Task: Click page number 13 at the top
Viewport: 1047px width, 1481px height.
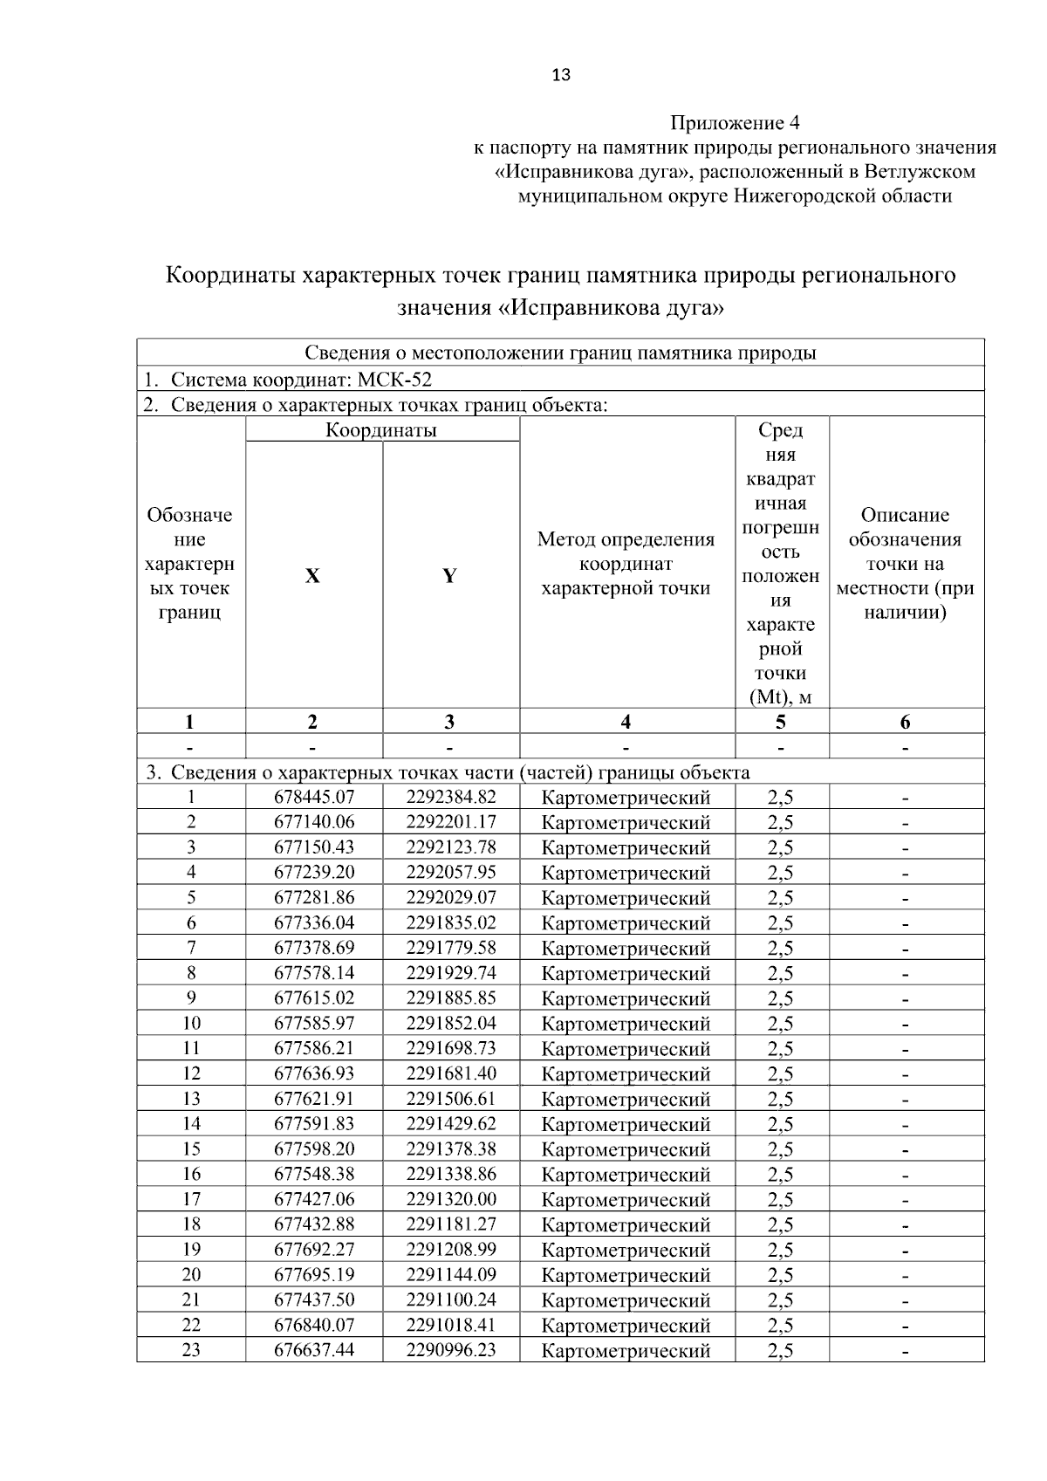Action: click(x=561, y=75)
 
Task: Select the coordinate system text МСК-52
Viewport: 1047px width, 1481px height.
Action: click(x=394, y=380)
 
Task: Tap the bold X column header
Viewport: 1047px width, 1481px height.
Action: click(x=312, y=576)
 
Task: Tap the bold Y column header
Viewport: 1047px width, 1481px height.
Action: click(x=449, y=576)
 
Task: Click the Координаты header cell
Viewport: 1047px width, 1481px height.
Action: click(x=381, y=429)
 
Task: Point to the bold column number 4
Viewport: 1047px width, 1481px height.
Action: click(x=626, y=722)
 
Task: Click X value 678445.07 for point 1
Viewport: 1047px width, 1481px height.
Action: click(x=314, y=797)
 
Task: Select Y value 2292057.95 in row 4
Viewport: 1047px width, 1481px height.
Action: click(x=450, y=872)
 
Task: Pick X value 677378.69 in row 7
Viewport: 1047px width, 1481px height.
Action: click(x=314, y=948)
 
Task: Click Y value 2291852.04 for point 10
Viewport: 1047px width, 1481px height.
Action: click(x=450, y=1023)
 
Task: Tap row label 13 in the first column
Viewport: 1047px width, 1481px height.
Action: click(x=190, y=1099)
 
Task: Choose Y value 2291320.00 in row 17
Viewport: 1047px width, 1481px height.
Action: click(x=450, y=1199)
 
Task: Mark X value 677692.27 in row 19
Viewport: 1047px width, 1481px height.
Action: click(x=314, y=1250)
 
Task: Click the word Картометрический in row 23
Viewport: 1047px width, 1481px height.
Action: click(x=626, y=1351)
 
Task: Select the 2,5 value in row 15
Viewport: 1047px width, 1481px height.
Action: click(x=780, y=1149)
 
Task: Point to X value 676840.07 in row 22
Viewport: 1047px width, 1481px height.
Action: click(x=314, y=1326)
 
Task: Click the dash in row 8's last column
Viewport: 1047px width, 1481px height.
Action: click(x=906, y=973)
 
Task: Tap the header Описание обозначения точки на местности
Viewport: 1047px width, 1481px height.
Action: click(x=905, y=563)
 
